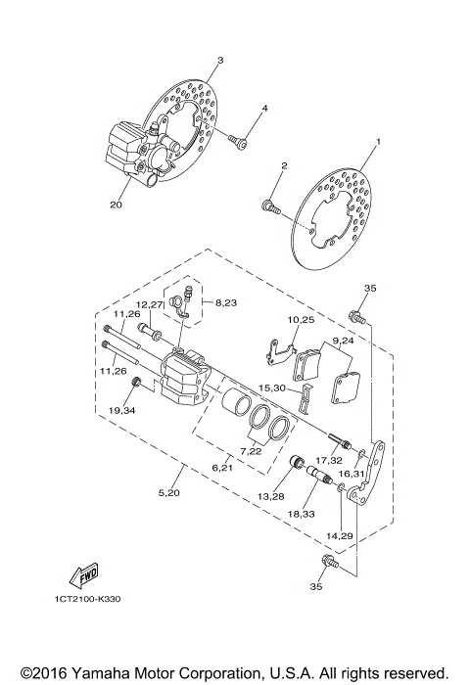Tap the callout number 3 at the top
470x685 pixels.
[x=219, y=61]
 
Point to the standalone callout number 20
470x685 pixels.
[x=117, y=205]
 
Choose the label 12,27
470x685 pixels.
[x=149, y=304]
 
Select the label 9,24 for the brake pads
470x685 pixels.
[x=342, y=342]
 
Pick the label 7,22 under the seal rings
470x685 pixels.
[x=252, y=451]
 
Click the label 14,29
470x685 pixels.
[x=339, y=537]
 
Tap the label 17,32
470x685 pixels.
[x=328, y=459]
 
